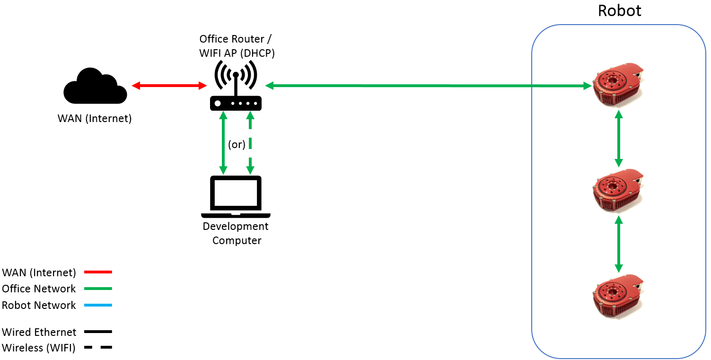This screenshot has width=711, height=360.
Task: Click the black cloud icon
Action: [95, 87]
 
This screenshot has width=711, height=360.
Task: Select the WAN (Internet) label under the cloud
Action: [95, 118]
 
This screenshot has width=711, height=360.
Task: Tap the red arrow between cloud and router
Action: [169, 86]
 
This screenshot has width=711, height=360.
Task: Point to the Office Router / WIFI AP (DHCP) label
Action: [237, 46]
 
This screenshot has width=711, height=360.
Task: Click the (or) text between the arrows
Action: [237, 144]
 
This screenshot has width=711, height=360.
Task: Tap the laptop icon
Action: [236, 196]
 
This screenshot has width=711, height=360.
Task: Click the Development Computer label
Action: [236, 233]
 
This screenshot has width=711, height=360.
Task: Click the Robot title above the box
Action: [619, 10]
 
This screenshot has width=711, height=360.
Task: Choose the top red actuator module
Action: [618, 84]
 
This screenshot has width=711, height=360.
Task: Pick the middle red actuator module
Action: [618, 190]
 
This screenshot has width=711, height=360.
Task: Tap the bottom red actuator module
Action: [618, 296]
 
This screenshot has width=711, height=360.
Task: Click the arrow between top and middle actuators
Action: [618, 138]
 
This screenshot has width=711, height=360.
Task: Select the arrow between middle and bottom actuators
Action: [618, 244]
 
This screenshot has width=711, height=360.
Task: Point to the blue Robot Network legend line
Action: [98, 305]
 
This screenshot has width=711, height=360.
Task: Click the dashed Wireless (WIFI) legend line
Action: [98, 348]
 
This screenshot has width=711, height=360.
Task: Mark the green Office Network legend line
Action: [98, 289]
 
